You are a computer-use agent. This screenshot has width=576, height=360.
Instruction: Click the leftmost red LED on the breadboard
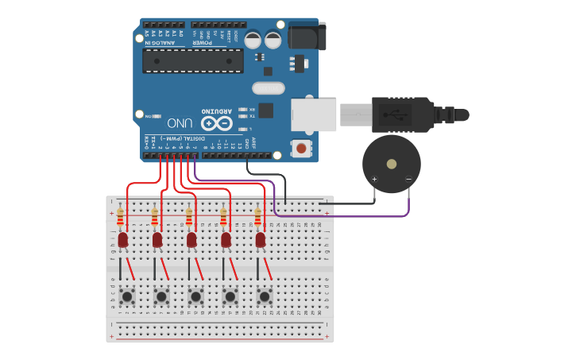click(123, 239)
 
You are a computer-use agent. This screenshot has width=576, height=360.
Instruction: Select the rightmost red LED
click(261, 239)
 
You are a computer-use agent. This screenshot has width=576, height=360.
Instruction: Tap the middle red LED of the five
click(191, 239)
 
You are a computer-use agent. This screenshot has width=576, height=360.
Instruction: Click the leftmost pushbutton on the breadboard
click(127, 296)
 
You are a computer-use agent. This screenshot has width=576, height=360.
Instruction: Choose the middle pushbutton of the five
click(195, 296)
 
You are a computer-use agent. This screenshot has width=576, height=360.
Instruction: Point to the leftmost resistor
click(120, 216)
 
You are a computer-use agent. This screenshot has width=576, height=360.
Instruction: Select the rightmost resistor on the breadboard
click(257, 216)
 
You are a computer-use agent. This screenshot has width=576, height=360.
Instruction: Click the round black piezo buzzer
click(391, 164)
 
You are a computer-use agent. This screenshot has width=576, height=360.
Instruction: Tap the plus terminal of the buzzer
click(374, 179)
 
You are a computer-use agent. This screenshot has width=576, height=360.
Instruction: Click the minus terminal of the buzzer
click(408, 179)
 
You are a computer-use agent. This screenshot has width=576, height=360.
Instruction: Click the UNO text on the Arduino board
click(179, 123)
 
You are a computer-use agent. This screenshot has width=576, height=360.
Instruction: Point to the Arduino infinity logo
click(216, 123)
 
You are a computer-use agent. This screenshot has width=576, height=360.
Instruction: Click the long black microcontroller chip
click(193, 60)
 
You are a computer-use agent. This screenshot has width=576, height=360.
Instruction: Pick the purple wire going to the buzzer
click(342, 215)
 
